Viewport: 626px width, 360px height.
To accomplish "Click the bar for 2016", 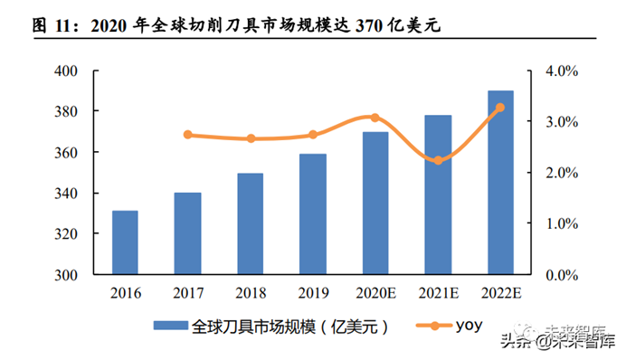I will (x=125, y=242).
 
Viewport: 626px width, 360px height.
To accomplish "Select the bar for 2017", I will (x=187, y=233).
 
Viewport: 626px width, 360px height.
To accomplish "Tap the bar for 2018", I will (x=250, y=223).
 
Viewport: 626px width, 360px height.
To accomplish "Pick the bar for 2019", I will (x=313, y=214).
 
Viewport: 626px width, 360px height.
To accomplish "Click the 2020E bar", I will (x=375, y=204).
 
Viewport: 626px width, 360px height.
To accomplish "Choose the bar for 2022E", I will (x=500, y=183).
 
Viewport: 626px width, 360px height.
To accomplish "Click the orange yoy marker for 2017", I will (x=187, y=135).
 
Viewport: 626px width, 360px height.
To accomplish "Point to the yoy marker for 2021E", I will (x=438, y=160).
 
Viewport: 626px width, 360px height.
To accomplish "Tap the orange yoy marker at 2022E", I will (x=500, y=108).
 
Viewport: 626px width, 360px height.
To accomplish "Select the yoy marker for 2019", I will (x=313, y=135).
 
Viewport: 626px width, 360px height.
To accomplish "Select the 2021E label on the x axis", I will (x=438, y=293).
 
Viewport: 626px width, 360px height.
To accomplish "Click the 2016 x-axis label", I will (x=125, y=293).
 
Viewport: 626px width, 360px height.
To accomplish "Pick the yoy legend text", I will (x=459, y=324).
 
